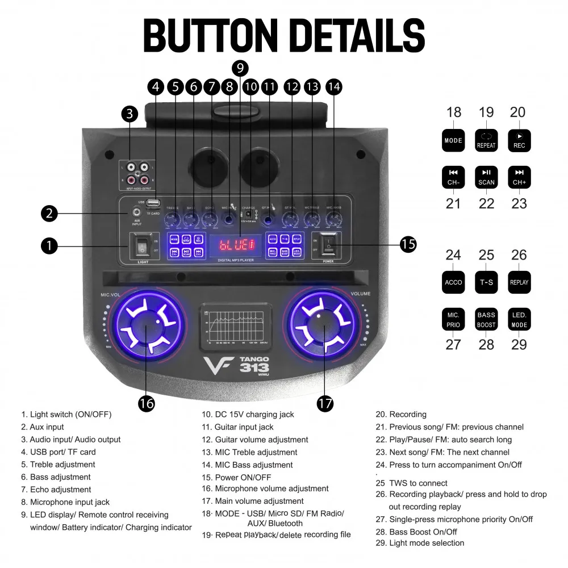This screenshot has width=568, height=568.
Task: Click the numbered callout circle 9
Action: tap(240, 68)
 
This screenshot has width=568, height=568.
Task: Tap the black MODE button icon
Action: tap(453, 140)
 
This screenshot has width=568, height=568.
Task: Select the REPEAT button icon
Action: tap(486, 140)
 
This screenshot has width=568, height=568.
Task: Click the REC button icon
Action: tap(519, 140)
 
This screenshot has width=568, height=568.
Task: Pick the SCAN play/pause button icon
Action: tap(486, 177)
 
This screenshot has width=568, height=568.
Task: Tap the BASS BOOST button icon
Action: tap(486, 319)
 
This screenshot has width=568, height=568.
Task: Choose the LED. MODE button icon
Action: tap(519, 319)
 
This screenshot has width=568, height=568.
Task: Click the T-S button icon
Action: tap(486, 282)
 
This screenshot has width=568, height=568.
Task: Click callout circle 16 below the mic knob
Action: tap(147, 403)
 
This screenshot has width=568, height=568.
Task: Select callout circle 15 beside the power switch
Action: tap(408, 244)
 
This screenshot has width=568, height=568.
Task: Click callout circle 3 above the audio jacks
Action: tap(130, 114)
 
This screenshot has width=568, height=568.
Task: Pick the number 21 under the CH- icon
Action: tap(453, 203)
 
